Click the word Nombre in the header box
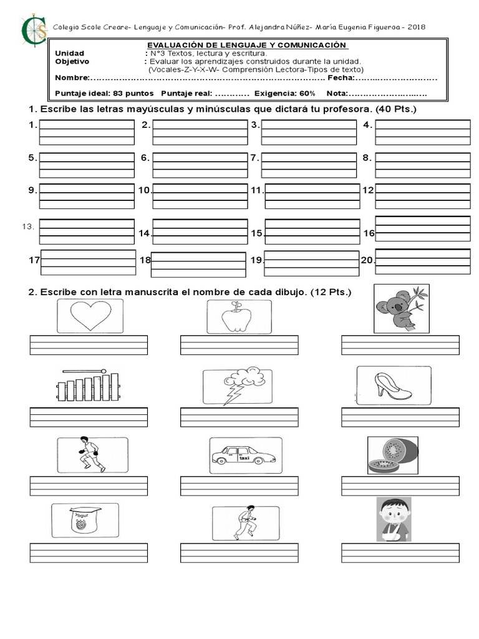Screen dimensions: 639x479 71,78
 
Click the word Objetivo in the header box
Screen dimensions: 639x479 72,62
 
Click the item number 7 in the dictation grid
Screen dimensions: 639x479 254,158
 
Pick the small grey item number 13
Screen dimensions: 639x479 27,226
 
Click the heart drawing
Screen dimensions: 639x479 90,315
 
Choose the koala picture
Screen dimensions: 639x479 401,308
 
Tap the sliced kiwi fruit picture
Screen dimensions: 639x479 392,456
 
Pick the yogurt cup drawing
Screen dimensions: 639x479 84,521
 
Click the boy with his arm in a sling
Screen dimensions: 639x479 394,519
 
